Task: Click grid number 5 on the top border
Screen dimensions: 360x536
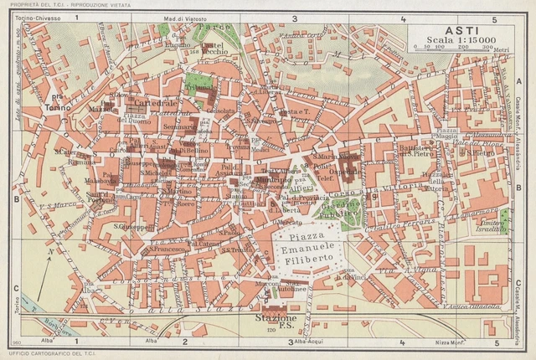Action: [494, 18]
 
